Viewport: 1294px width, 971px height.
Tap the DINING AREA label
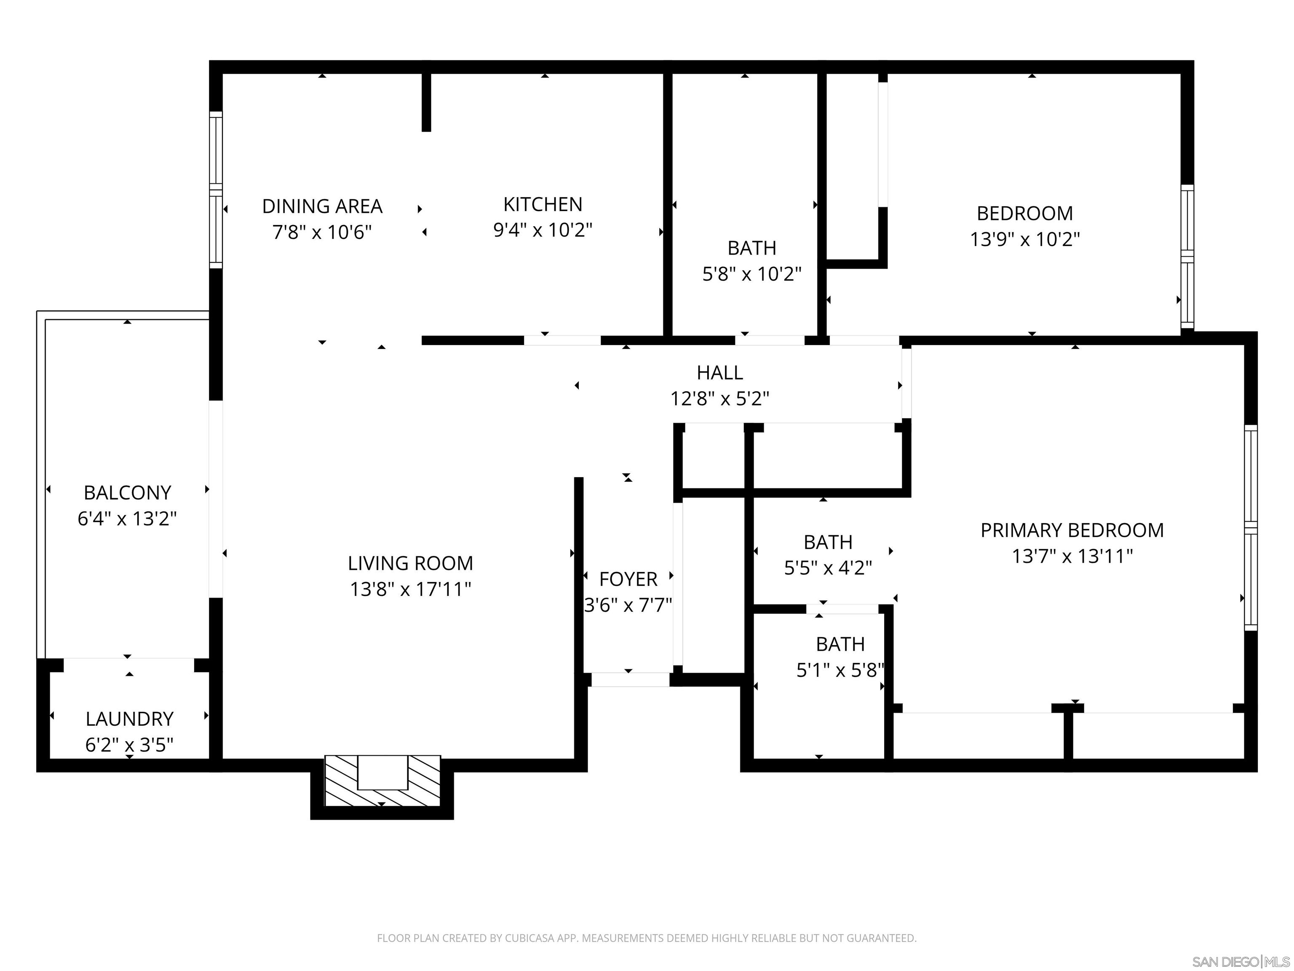322,206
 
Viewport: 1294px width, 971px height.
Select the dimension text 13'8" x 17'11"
410,589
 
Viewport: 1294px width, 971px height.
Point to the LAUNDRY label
129,719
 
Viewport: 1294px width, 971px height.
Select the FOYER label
628,579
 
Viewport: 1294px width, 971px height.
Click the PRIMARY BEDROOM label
1072,530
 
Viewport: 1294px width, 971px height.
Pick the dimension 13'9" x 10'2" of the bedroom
1025,239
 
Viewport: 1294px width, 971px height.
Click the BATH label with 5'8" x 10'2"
752,248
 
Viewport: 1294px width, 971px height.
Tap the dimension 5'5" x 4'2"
828,568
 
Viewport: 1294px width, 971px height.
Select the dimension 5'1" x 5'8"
840,670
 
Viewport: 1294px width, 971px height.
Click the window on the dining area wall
216,190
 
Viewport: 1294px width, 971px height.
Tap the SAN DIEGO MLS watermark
1240,962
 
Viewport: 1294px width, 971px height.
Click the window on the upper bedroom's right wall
1187,256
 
